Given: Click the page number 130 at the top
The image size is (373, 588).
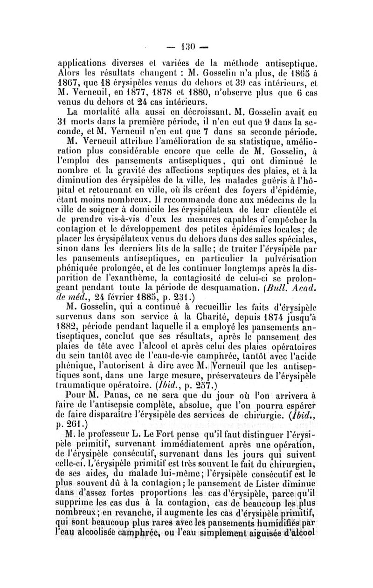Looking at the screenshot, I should coord(186,48).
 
